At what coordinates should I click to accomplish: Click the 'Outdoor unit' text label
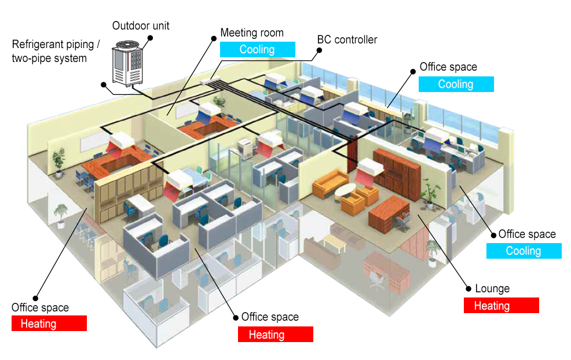click(x=141, y=26)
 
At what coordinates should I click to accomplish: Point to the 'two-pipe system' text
click(x=49, y=58)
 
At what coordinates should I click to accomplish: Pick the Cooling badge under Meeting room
click(x=258, y=50)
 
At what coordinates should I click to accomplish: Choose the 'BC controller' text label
click(x=347, y=40)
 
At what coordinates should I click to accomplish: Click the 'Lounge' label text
click(x=492, y=289)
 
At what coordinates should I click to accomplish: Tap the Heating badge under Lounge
click(x=501, y=306)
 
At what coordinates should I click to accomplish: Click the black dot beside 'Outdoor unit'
click(x=150, y=38)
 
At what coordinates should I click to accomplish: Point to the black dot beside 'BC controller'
click(x=318, y=50)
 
